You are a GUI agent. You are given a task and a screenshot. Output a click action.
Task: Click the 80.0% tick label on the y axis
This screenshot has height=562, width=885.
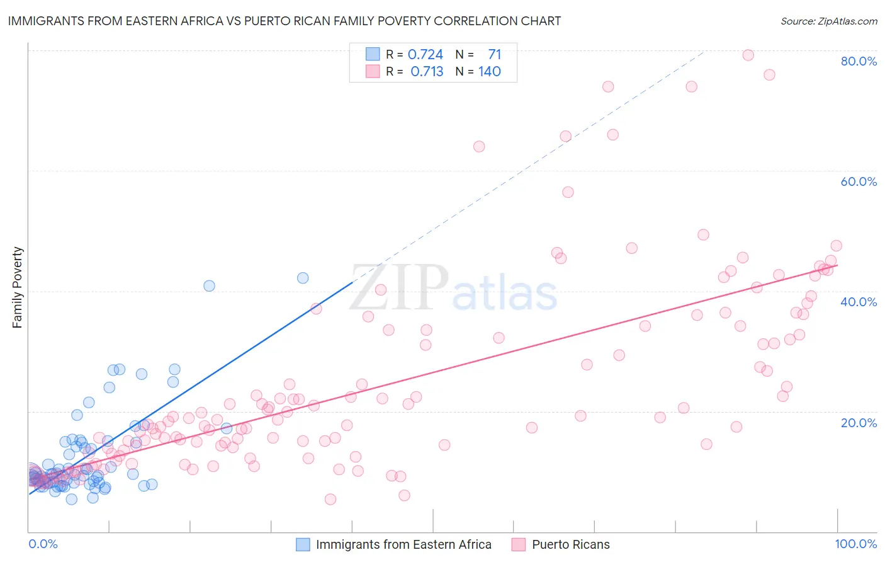coord(858,61)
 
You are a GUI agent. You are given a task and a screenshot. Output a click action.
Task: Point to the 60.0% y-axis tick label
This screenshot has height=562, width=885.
coord(858,181)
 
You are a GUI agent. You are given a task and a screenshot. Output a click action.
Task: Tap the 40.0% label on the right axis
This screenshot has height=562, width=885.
coord(858,302)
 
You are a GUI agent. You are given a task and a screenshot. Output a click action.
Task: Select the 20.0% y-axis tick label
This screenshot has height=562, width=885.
coord(858,423)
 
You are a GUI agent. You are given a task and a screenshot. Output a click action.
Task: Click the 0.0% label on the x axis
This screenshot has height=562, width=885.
coord(43,544)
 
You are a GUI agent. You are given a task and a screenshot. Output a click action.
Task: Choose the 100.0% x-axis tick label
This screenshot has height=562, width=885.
coord(855,544)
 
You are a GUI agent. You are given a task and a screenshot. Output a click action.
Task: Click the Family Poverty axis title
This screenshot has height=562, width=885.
coord(18,287)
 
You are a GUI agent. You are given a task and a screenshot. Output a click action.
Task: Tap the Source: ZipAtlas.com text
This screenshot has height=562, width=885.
coord(828,21)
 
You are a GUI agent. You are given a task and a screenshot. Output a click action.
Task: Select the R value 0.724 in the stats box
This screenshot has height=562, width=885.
coord(426,55)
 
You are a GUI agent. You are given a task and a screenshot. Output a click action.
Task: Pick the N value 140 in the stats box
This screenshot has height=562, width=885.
coord(489,72)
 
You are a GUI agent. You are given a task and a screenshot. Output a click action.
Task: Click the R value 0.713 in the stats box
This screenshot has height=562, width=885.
coord(427,72)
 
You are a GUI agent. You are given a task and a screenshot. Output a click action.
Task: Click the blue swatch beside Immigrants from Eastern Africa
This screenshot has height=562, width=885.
coord(303,545)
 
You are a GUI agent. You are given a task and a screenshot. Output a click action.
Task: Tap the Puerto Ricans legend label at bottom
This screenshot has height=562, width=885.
coord(570,545)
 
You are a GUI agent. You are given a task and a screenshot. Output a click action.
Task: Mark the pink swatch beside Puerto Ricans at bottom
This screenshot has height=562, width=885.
coord(519,545)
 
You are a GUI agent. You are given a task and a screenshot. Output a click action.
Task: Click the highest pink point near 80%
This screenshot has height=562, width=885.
coord(748,55)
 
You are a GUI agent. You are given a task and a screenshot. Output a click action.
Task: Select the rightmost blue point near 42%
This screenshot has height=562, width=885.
coord(303,278)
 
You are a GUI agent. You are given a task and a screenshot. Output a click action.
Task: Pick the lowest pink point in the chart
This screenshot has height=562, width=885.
coord(330,500)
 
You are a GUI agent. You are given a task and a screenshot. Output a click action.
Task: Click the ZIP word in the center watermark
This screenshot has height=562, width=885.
coord(399,289)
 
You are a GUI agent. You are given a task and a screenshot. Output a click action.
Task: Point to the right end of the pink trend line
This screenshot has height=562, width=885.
coord(837,265)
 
